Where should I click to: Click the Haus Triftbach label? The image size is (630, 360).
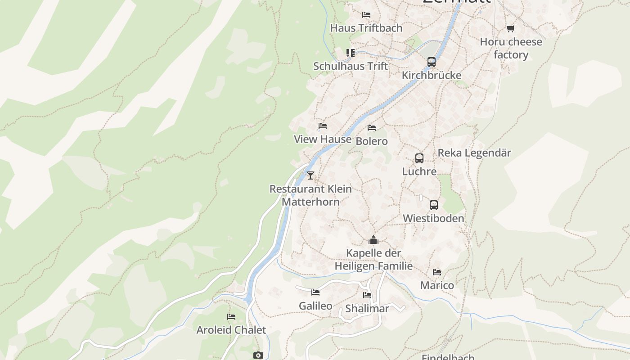366,28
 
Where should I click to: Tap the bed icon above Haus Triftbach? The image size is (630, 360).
366,15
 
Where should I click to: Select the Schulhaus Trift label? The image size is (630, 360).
350,66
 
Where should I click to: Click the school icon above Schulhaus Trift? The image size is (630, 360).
351,53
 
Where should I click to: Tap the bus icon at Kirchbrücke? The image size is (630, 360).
432,62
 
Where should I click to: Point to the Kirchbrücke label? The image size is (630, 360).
432,75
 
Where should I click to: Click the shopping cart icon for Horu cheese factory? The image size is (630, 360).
510,29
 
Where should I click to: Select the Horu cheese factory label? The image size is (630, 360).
511,48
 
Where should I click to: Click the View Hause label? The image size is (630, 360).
323,139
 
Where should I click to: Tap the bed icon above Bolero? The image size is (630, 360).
372,128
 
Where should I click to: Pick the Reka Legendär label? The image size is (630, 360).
474,153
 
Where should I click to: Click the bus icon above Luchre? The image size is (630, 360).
419,158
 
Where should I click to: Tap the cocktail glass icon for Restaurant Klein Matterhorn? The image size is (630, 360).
310,175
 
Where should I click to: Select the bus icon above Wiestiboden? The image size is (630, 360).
434,205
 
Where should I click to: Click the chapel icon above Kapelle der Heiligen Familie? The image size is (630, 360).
373,240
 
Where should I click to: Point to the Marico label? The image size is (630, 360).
437,285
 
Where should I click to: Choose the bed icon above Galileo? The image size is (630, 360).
315,292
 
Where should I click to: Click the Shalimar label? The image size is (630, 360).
367,309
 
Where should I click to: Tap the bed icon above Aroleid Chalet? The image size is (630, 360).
231,317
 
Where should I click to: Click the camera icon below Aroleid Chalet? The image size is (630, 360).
257,355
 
